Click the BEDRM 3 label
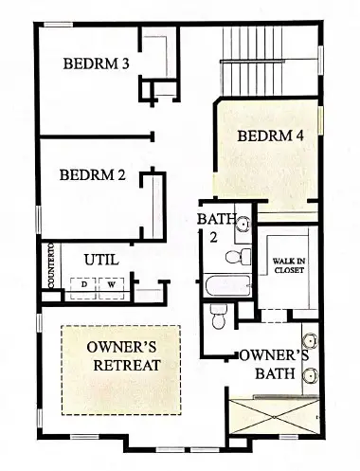pos(96,64)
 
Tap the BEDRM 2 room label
pos(92,174)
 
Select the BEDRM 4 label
pos(270,136)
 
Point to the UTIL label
pos(101,258)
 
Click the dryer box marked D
pos(84,283)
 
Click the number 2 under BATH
pos(212,238)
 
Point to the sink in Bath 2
pos(243,225)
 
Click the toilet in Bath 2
pos(243,256)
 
